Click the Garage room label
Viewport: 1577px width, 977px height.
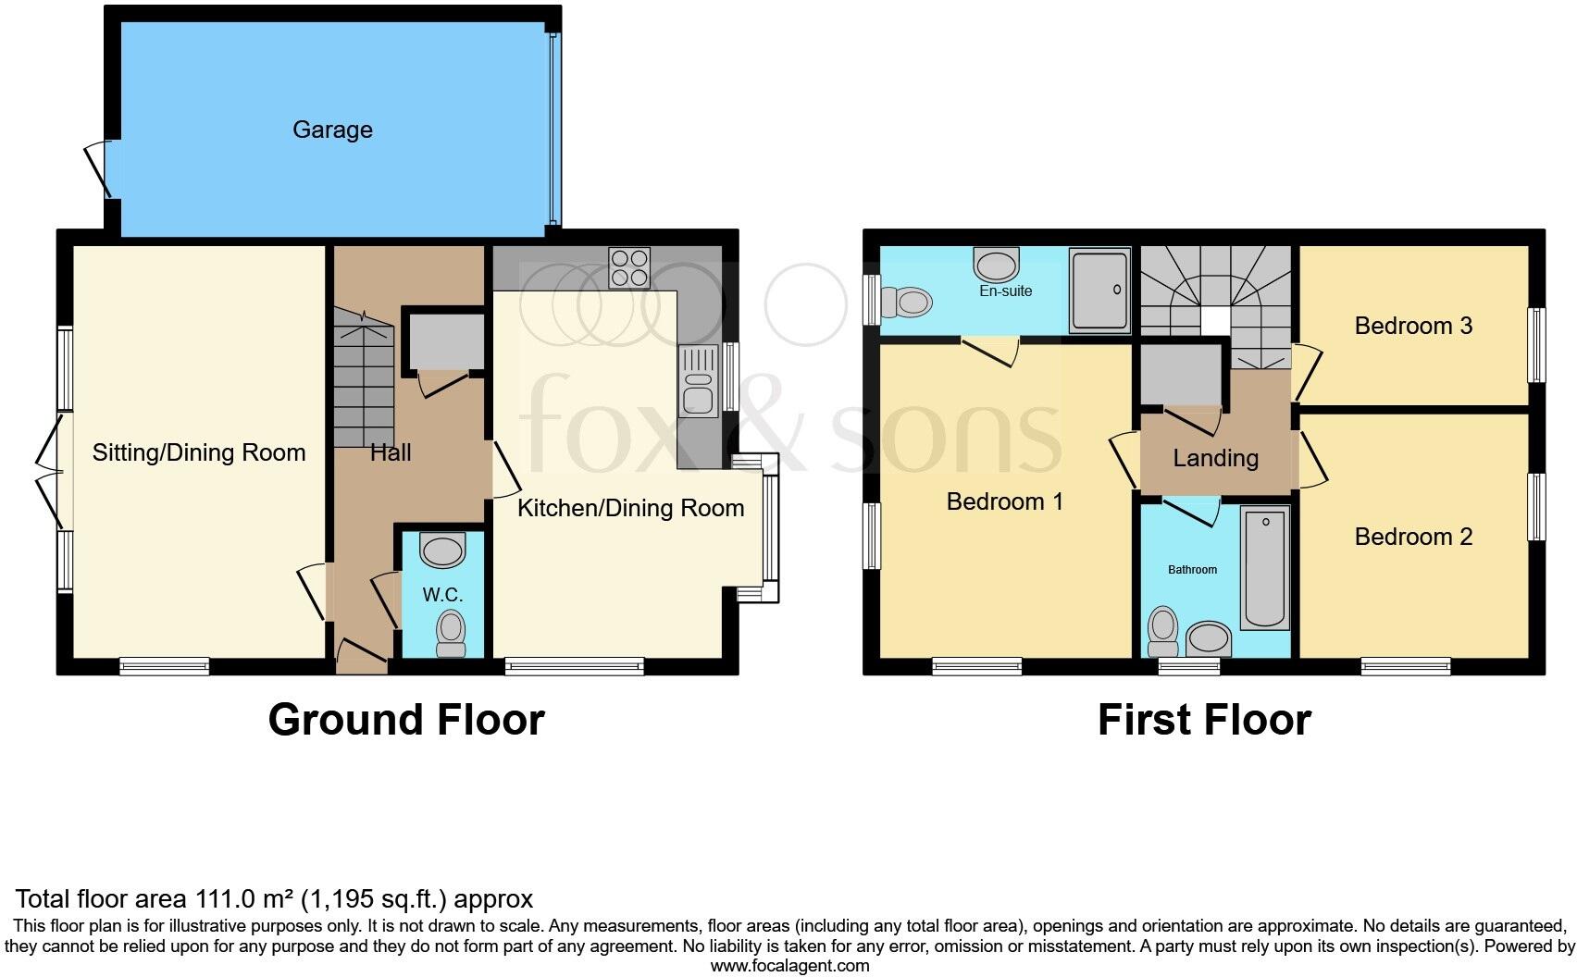(x=332, y=130)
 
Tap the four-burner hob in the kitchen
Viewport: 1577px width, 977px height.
(x=629, y=267)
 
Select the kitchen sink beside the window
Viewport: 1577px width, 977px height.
(x=698, y=380)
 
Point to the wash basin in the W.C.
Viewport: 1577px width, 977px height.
(x=442, y=551)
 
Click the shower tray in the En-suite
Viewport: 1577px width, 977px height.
(x=1099, y=290)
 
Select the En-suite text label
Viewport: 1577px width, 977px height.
(x=1005, y=291)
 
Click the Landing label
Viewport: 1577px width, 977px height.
(x=1215, y=458)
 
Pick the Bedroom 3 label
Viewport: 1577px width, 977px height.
(x=1412, y=326)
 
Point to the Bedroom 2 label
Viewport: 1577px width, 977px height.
(x=1412, y=537)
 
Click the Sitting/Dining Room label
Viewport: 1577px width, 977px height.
(x=198, y=452)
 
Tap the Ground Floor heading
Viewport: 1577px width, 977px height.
(x=405, y=720)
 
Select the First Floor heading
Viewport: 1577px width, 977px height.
(x=1203, y=720)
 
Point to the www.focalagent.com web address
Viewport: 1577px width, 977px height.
(x=788, y=966)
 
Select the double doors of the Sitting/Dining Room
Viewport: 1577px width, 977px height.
(x=52, y=471)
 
